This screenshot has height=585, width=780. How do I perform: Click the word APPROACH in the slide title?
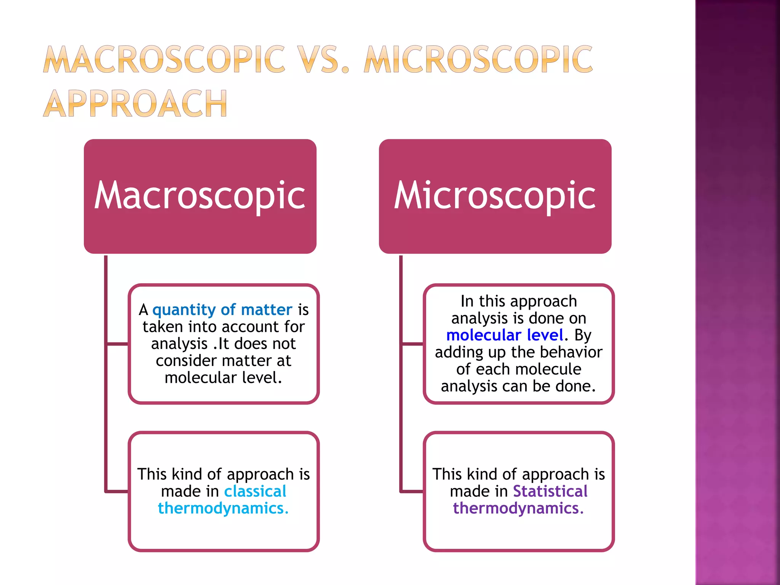135,103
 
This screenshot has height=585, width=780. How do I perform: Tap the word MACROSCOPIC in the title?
164,59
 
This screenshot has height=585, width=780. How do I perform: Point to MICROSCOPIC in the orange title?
478,59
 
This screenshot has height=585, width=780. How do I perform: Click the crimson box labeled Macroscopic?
200,196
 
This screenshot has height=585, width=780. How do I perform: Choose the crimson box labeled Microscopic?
495,196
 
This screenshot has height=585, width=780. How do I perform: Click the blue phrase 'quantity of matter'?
222,310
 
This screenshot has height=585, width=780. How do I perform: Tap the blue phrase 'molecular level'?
504,335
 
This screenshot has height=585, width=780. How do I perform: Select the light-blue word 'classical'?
255,491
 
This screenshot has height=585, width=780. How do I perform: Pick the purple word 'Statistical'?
550,491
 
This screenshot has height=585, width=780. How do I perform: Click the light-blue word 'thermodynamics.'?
223,508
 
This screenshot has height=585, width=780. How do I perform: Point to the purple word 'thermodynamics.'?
518,508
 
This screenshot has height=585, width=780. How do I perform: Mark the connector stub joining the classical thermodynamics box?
117,491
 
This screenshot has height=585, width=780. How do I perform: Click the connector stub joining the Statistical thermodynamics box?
412,491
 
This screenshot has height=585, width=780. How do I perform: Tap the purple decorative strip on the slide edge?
737,292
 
